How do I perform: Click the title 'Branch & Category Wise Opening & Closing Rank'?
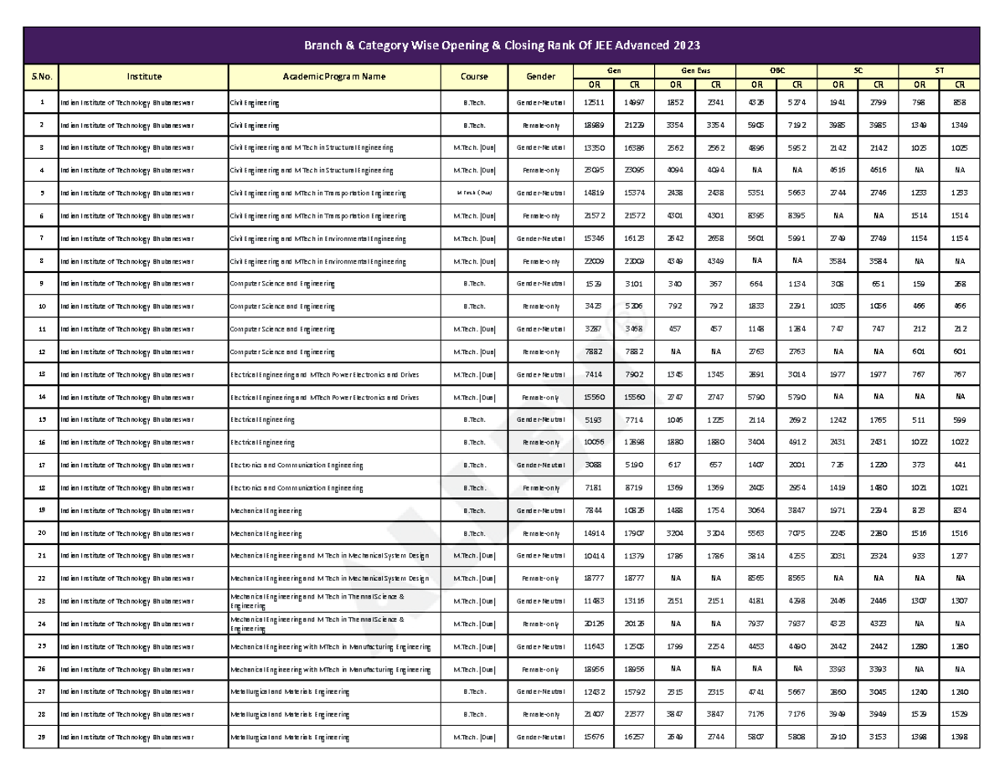tap(502, 44)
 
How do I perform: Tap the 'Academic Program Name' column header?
tap(334, 77)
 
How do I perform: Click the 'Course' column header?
tap(474, 77)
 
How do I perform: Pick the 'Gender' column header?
tap(540, 77)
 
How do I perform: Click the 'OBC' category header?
tap(777, 71)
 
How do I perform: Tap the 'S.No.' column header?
tap(41, 77)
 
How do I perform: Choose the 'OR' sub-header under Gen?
tap(593, 84)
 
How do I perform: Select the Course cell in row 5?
tap(474, 193)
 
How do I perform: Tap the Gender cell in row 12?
tap(540, 352)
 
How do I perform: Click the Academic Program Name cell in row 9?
tap(334, 284)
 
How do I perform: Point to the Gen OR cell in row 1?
tap(593, 102)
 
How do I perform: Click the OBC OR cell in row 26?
tap(756, 669)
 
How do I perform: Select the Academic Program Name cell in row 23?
tap(334, 601)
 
